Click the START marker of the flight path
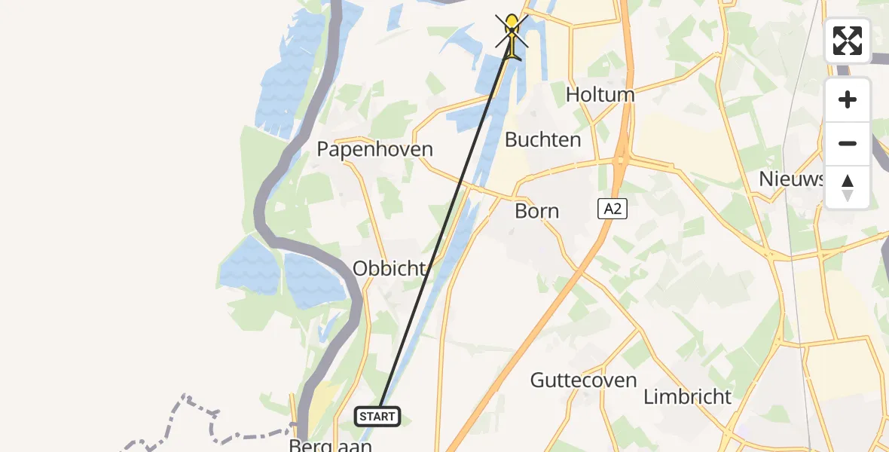(x=377, y=416)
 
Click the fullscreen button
(x=848, y=41)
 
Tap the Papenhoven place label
(x=374, y=149)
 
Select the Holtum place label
(x=600, y=95)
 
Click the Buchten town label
(x=542, y=139)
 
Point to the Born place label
(x=536, y=211)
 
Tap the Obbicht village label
(x=390, y=268)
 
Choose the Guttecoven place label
(x=583, y=380)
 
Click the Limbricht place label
(x=688, y=396)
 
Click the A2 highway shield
(x=613, y=209)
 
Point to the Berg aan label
(x=330, y=446)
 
